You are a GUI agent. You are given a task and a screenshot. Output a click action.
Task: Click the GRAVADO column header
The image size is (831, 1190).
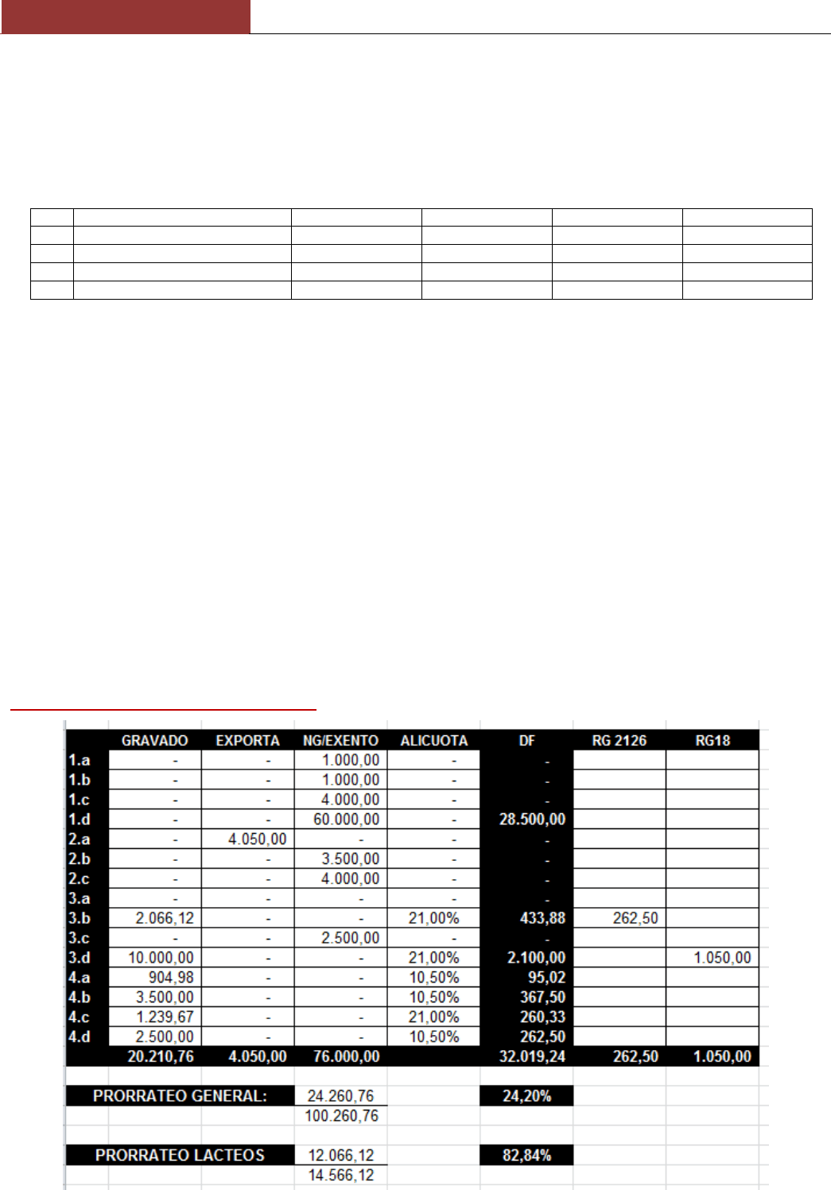(x=154, y=741)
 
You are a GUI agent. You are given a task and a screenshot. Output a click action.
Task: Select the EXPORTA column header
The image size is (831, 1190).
(x=247, y=741)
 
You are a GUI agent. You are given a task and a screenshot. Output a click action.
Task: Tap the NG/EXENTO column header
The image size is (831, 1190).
(x=340, y=741)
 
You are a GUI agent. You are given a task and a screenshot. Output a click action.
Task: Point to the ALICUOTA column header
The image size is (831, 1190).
(x=433, y=741)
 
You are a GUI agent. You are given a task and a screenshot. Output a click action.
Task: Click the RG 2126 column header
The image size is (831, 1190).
(x=619, y=741)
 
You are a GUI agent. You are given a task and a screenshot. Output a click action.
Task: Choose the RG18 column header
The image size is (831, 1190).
(x=713, y=741)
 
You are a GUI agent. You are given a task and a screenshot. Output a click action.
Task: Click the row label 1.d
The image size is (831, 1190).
(x=80, y=820)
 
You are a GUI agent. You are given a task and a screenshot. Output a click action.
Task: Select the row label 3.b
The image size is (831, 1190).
(x=80, y=918)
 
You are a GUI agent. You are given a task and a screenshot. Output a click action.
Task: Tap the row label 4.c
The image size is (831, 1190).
(x=80, y=1017)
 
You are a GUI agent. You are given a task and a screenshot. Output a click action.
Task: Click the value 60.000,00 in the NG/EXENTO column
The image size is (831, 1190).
(x=346, y=820)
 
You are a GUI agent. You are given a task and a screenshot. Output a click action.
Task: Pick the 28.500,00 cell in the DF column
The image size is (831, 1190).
(x=532, y=820)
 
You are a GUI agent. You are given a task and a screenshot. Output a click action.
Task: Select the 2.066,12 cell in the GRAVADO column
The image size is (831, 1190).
(x=164, y=918)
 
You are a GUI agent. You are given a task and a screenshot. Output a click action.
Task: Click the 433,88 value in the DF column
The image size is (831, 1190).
(x=542, y=918)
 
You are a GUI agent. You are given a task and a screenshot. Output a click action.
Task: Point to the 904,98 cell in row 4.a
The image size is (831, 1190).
(x=170, y=978)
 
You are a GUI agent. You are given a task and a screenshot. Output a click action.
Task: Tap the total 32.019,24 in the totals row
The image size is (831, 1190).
(x=532, y=1056)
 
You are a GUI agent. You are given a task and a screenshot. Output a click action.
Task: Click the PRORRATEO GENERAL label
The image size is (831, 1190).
(x=180, y=1096)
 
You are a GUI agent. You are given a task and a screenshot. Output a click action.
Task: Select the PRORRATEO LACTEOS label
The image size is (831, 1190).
(x=180, y=1155)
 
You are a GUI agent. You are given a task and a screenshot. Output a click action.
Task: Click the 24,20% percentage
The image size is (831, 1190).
(x=526, y=1096)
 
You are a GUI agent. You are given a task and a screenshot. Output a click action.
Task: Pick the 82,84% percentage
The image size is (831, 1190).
(x=526, y=1155)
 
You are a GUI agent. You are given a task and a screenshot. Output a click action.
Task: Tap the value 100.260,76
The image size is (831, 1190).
(x=341, y=1116)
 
